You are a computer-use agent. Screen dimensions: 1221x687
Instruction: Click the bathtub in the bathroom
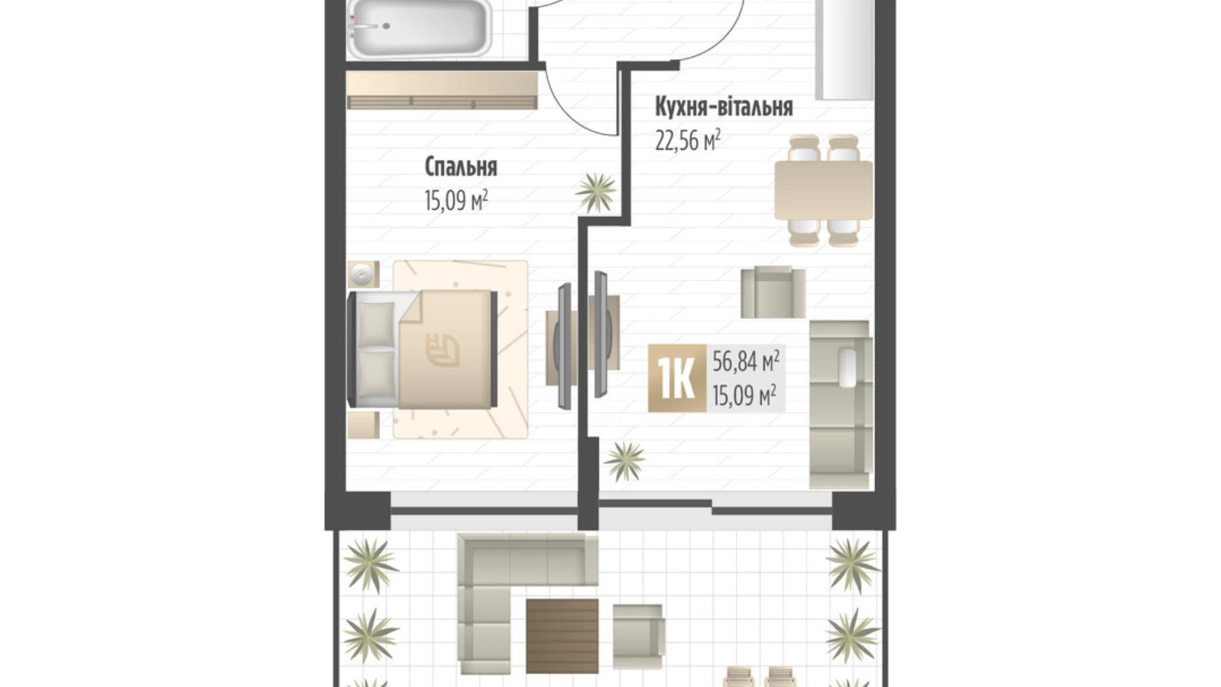click(418, 28)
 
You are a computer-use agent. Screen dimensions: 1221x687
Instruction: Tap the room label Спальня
click(461, 167)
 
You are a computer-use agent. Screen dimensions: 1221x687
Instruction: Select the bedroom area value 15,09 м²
click(456, 199)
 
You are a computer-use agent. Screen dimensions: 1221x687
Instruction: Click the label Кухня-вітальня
click(723, 106)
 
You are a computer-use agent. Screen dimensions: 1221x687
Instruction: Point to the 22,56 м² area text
click(688, 139)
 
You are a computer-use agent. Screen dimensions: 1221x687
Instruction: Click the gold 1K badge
click(677, 379)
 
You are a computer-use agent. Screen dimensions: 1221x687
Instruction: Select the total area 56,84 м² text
click(746, 361)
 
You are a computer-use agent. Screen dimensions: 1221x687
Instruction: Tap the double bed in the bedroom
click(422, 349)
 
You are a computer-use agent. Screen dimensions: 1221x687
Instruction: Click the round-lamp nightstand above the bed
click(364, 274)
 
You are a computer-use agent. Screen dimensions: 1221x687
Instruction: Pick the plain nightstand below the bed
click(364, 425)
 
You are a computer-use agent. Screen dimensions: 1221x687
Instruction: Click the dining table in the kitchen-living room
click(823, 190)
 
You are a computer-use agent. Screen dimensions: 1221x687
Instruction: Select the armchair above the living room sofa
click(773, 292)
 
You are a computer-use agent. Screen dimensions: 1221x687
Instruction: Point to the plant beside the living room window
click(624, 460)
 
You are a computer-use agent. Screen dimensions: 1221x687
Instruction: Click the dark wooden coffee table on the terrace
click(562, 635)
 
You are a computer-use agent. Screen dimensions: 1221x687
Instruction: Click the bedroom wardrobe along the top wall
click(442, 90)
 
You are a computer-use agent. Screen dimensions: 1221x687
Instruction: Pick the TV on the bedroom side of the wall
click(564, 346)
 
